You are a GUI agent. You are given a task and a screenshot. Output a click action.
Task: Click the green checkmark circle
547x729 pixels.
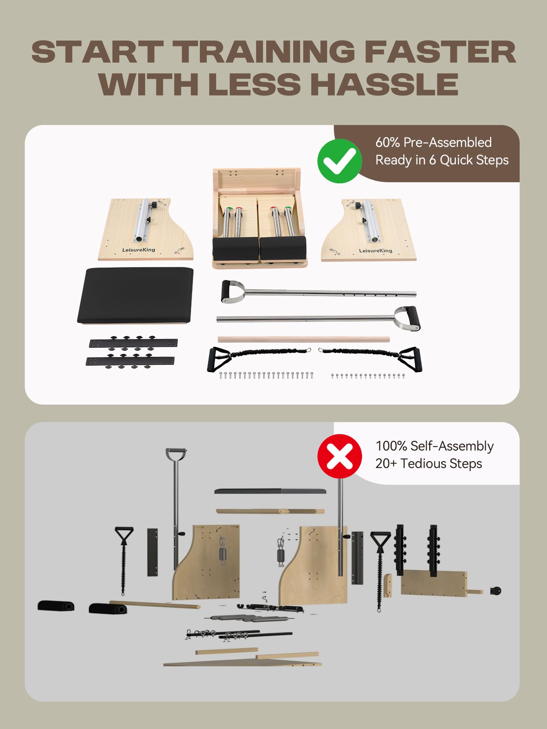(340, 161)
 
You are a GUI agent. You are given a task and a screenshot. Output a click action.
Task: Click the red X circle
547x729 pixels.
(340, 456)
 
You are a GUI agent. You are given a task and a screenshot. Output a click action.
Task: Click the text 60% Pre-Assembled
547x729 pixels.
(434, 142)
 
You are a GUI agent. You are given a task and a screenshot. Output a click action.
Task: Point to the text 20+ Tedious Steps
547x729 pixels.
(429, 463)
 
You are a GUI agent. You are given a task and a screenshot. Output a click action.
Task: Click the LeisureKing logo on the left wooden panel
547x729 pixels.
(139, 250)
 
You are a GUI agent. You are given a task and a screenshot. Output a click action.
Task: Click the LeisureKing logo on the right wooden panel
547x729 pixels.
(376, 250)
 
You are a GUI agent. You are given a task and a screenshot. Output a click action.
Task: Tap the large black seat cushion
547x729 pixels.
(135, 295)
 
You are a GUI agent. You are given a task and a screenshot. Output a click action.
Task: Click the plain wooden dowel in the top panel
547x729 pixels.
(304, 339)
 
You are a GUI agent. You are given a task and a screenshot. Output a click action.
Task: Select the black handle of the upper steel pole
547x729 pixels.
(226, 291)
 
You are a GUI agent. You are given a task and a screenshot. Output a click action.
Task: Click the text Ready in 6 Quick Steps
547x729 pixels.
(442, 160)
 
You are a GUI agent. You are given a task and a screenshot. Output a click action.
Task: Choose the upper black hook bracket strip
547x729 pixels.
(133, 342)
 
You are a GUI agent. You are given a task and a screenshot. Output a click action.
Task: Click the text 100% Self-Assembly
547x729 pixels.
(435, 446)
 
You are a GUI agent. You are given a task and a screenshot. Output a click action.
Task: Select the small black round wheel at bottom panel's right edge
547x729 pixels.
(496, 590)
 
